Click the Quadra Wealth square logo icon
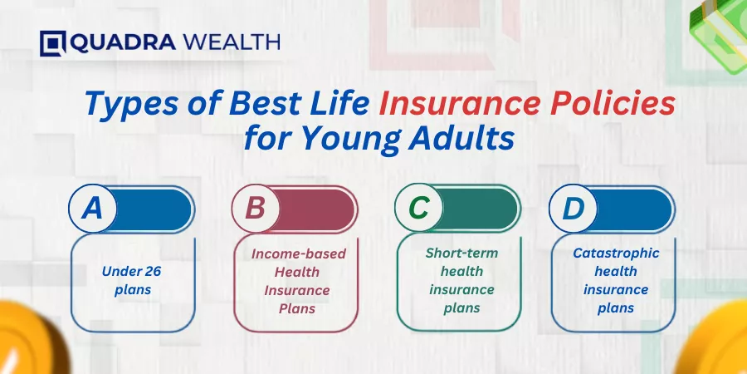53,43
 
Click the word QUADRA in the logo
123,43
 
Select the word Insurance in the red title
460,105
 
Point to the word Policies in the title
613,105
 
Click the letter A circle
92,209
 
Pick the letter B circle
256,209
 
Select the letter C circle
419,209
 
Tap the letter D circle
573,209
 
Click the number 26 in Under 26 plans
153,272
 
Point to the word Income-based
299,253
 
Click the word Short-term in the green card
461,253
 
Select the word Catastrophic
616,253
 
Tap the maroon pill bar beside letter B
317,209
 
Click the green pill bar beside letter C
480,209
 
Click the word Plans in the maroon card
297,309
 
